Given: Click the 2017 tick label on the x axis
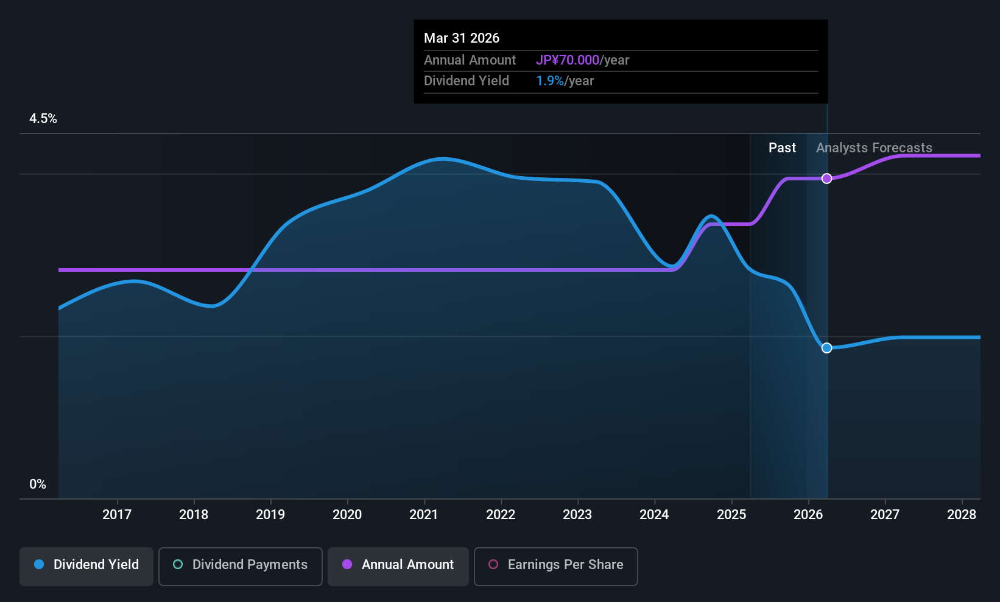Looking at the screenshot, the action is coord(117,514).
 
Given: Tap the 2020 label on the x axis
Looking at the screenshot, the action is coord(347,514).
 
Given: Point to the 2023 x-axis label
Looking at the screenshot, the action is coord(578,514).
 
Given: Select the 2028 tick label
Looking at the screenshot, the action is coord(962,514).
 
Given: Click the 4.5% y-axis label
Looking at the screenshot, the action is coord(43,119).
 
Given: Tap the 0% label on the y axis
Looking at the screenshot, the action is coord(38,484).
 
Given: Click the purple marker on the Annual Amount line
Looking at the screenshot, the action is coord(827,179).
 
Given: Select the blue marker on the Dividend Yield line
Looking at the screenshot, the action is coord(827,348).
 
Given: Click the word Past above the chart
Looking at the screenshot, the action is coord(782,148).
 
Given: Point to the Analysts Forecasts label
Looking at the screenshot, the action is coord(874,148).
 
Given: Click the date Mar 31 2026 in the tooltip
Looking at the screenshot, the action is coord(462,38).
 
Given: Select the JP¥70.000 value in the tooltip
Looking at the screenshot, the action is coord(568,60).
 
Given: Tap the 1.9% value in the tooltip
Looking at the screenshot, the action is coord(549,81).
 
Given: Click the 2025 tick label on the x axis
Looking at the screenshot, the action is coord(731,514).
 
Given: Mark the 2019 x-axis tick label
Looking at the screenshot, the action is coord(270,514).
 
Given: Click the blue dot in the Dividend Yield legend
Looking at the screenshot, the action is coord(40,564).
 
